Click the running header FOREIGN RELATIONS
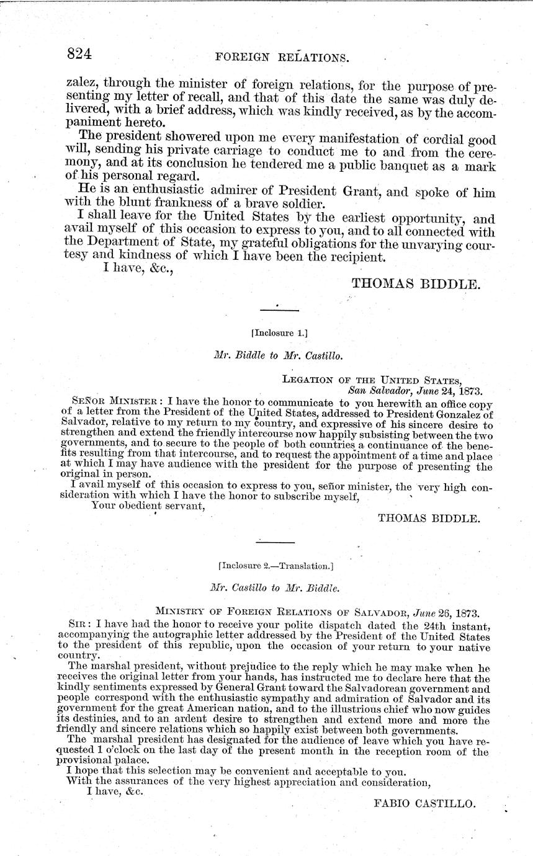click(x=282, y=58)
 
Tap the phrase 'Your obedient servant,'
click(x=148, y=504)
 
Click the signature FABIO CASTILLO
click(x=425, y=803)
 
